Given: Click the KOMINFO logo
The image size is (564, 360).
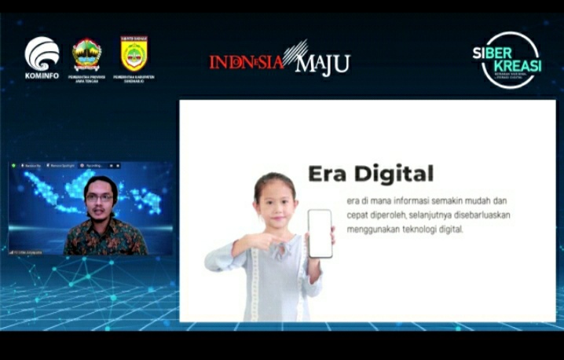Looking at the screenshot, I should pyautogui.click(x=42, y=53).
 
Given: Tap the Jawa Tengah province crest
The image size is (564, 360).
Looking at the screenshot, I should pyautogui.click(x=86, y=54).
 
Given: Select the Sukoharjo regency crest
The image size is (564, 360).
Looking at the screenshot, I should pyautogui.click(x=134, y=53).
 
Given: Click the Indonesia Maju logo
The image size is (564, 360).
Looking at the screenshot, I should pyautogui.click(x=279, y=61).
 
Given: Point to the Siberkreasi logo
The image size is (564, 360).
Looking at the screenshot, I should pyautogui.click(x=508, y=59).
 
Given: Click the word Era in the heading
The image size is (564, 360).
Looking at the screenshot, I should pyautogui.click(x=327, y=174).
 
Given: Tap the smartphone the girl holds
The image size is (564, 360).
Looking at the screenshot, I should pyautogui.click(x=320, y=233).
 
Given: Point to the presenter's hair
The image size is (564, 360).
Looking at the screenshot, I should pyautogui.click(x=101, y=184).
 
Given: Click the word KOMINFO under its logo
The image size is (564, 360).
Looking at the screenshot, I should pyautogui.click(x=42, y=76).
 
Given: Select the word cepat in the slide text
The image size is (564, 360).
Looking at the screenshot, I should pyautogui.click(x=359, y=215).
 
